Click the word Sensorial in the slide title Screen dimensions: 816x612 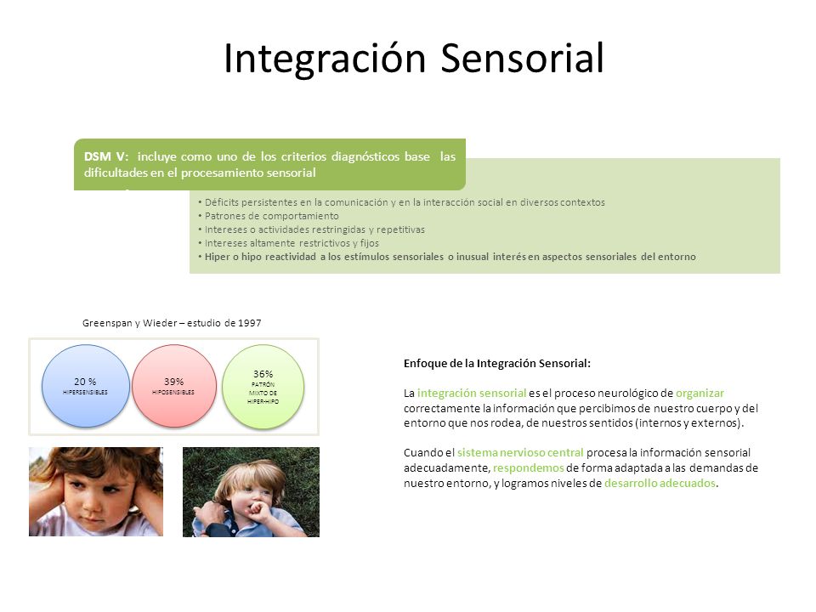click(x=522, y=58)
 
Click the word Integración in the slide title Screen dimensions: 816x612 click(x=326, y=59)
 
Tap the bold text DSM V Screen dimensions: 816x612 click(x=105, y=156)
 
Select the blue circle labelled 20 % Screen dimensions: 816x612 click(x=86, y=386)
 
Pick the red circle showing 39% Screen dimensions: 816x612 click(x=173, y=386)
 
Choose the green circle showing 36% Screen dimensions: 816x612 click(x=263, y=387)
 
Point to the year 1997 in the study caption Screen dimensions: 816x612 click(x=250, y=323)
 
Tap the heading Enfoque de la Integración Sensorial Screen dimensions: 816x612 click(x=497, y=363)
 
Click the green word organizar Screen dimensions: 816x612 click(x=700, y=394)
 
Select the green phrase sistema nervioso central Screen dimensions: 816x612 click(x=520, y=453)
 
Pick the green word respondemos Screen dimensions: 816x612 click(x=528, y=467)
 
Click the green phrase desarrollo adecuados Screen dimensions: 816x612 click(x=660, y=483)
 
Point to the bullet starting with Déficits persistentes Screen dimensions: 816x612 click(x=401, y=202)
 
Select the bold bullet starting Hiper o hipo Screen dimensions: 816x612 click(x=447, y=257)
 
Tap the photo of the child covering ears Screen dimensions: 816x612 click(x=96, y=491)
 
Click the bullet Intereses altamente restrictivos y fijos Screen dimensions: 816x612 click(x=288, y=243)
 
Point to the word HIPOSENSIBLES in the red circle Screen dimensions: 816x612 click(x=173, y=393)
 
